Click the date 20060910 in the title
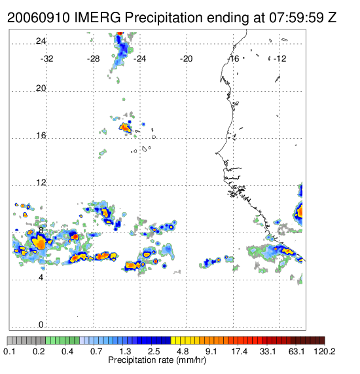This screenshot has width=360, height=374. pos(39,18)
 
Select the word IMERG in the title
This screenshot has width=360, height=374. pos(98,18)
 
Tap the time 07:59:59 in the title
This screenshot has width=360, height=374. pos(297,18)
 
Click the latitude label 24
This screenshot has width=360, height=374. pos(41,41)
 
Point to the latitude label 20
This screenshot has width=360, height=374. pos(41,88)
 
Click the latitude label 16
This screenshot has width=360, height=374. pos(41,136)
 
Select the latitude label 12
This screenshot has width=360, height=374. pos(41,183)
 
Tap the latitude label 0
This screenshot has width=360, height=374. pos(41,324)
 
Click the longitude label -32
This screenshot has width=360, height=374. pos(46,58)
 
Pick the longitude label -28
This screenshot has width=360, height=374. pos(93,58)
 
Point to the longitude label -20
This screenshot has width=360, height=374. pos(186,58)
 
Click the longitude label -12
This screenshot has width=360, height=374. pos(279,58)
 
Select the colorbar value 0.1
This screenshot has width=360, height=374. pos(9,351)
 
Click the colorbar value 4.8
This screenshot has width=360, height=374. pos(183,351)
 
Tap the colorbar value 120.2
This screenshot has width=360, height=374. pos(325,351)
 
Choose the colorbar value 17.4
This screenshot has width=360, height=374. pos(240,351)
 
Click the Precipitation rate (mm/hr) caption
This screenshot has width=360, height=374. pos(157,360)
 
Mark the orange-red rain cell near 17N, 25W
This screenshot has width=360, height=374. pos(125,127)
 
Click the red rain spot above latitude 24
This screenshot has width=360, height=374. pos(120,33)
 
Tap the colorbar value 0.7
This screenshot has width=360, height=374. pos(96,351)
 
